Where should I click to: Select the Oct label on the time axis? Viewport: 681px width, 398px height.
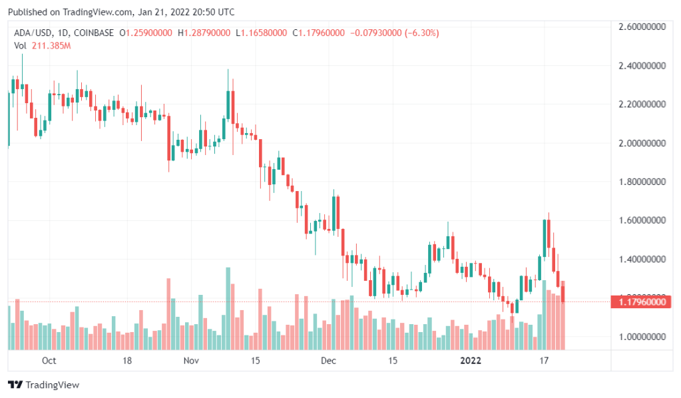tap(49, 361)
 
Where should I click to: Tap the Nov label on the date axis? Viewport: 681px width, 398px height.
tap(191, 361)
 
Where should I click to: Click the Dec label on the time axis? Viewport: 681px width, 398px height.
tap(328, 361)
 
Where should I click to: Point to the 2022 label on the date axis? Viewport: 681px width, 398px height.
tap(470, 361)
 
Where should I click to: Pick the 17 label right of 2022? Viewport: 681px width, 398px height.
tap(544, 361)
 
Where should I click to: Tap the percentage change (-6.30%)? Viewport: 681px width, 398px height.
tap(419, 33)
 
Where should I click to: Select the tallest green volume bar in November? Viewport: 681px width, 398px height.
tap(228, 308)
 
